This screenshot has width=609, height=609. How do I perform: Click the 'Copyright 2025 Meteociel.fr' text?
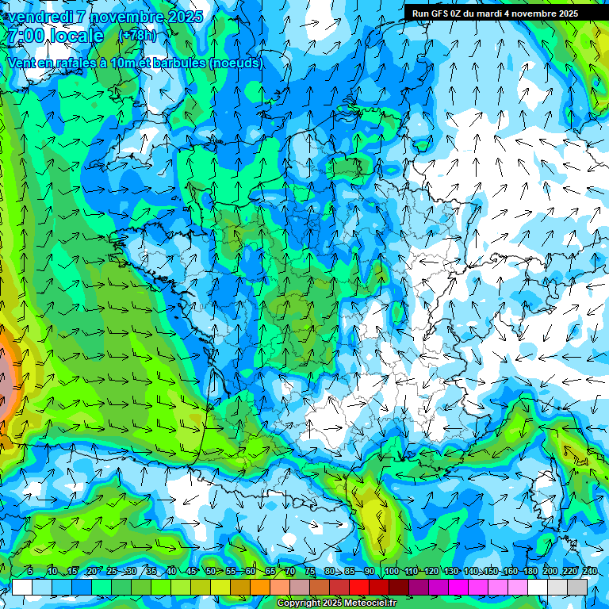pyautogui.click(x=336, y=603)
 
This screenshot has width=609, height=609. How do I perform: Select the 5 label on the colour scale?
pyautogui.click(x=29, y=571)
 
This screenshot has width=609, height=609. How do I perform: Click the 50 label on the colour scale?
pyautogui.click(x=210, y=571)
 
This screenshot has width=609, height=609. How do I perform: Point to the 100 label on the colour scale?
pyautogui.click(x=391, y=571)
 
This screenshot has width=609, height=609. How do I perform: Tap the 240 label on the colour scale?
pyautogui.click(x=589, y=571)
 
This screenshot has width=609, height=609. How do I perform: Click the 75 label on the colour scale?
pyautogui.click(x=309, y=571)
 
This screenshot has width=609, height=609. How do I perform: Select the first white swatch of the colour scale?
pyautogui.click(x=21, y=587)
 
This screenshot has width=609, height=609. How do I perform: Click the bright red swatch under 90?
pyautogui.click(x=379, y=587)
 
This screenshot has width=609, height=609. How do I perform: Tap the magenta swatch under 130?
pyautogui.click(x=458, y=587)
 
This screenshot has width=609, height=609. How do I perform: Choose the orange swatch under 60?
pyautogui.click(x=259, y=587)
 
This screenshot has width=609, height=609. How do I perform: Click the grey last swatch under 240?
pyautogui.click(x=577, y=587)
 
